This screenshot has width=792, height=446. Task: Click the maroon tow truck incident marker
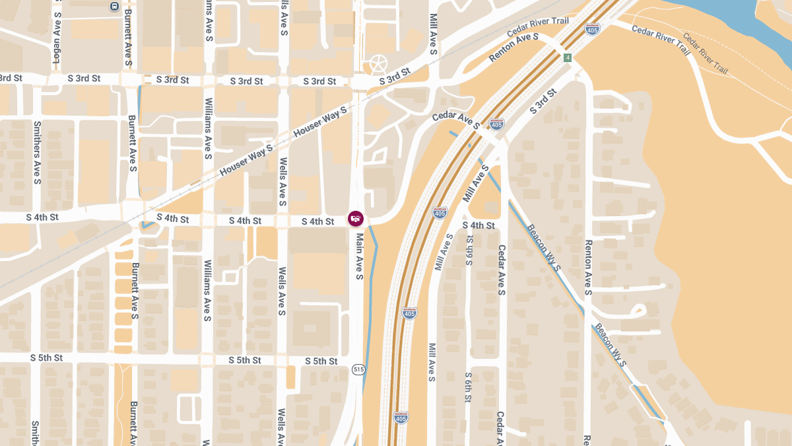point(356,218)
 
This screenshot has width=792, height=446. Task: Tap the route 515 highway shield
point(358,369)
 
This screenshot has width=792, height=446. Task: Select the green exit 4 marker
point(568,58)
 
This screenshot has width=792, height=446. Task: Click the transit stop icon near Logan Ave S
point(114,6)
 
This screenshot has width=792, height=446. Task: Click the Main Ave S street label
point(360,256)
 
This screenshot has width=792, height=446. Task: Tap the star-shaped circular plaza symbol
point(379,64)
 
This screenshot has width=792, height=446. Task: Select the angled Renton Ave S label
point(514,48)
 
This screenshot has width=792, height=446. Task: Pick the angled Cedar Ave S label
point(456,119)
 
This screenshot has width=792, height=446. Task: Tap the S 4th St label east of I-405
point(478,225)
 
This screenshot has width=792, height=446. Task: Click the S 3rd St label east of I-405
point(543,104)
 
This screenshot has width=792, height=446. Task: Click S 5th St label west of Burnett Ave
point(46,358)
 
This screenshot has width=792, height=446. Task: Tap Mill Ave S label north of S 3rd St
point(434,34)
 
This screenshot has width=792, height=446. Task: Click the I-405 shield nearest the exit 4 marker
point(592,29)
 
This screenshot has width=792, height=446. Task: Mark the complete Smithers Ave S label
point(37,153)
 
